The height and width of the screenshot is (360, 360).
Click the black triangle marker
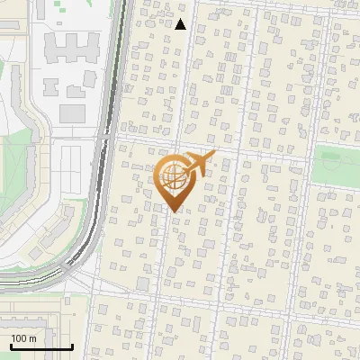click(x=181, y=24)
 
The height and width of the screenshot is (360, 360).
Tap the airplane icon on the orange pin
click(x=195, y=164)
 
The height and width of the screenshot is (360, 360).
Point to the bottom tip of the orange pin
click(x=172, y=211)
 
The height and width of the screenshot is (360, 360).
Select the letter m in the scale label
click(x=33, y=338)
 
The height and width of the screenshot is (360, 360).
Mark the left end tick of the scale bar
click(x=11, y=346)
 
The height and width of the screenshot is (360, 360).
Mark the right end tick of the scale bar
click(x=72, y=346)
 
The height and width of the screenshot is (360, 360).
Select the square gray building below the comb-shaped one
click(x=72, y=113)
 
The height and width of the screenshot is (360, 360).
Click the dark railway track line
click(x=101, y=135)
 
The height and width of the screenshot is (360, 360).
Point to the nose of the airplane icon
click(x=214, y=157)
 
